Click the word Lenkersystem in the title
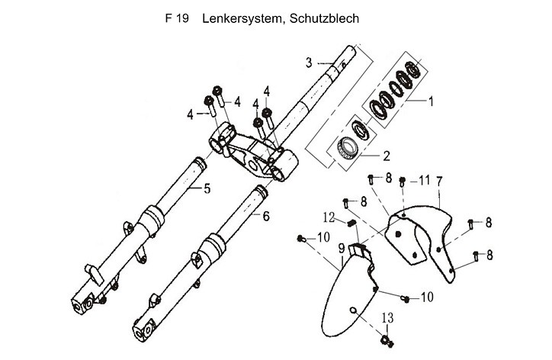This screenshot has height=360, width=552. (242, 18)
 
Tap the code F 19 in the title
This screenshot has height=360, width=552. (176, 18)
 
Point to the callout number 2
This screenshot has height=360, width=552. (387, 156)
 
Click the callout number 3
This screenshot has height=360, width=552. (310, 62)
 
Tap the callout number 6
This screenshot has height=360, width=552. (266, 217)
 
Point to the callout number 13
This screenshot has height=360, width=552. (387, 317)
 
